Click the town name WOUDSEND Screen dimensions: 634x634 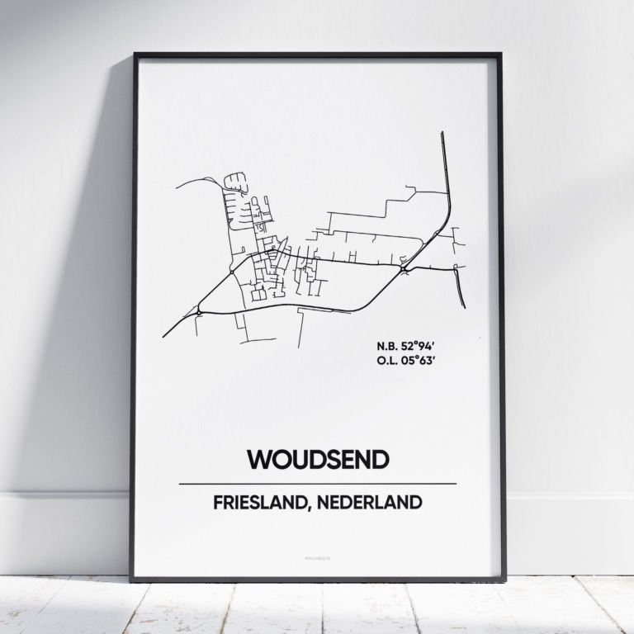click(317, 460)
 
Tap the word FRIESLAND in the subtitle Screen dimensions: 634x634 click(263, 503)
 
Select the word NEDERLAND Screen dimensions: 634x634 click(375, 503)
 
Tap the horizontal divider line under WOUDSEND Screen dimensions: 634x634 click(317, 484)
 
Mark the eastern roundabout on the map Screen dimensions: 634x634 click(403, 268)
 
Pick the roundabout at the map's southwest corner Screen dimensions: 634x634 click(199, 310)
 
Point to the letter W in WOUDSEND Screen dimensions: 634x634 click(258, 460)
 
